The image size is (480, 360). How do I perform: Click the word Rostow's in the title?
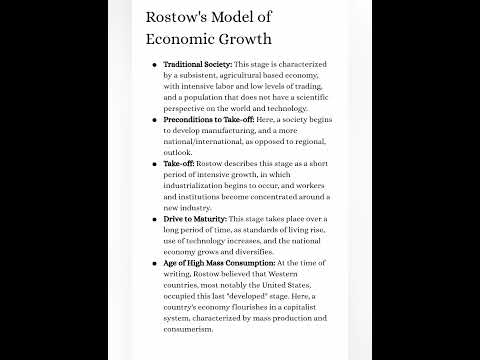pyautogui.click(x=181, y=17)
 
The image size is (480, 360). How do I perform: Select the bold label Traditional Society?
pyautogui.click(x=197, y=64)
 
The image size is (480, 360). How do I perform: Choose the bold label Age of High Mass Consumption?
pyautogui.click(x=218, y=262)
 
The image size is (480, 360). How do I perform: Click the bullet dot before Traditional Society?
pyautogui.click(x=154, y=64)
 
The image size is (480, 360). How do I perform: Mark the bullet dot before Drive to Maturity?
pyautogui.click(x=154, y=217)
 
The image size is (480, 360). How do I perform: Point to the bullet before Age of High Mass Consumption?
pyautogui.click(x=154, y=262)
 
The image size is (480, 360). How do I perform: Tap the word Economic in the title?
pyautogui.click(x=182, y=38)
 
